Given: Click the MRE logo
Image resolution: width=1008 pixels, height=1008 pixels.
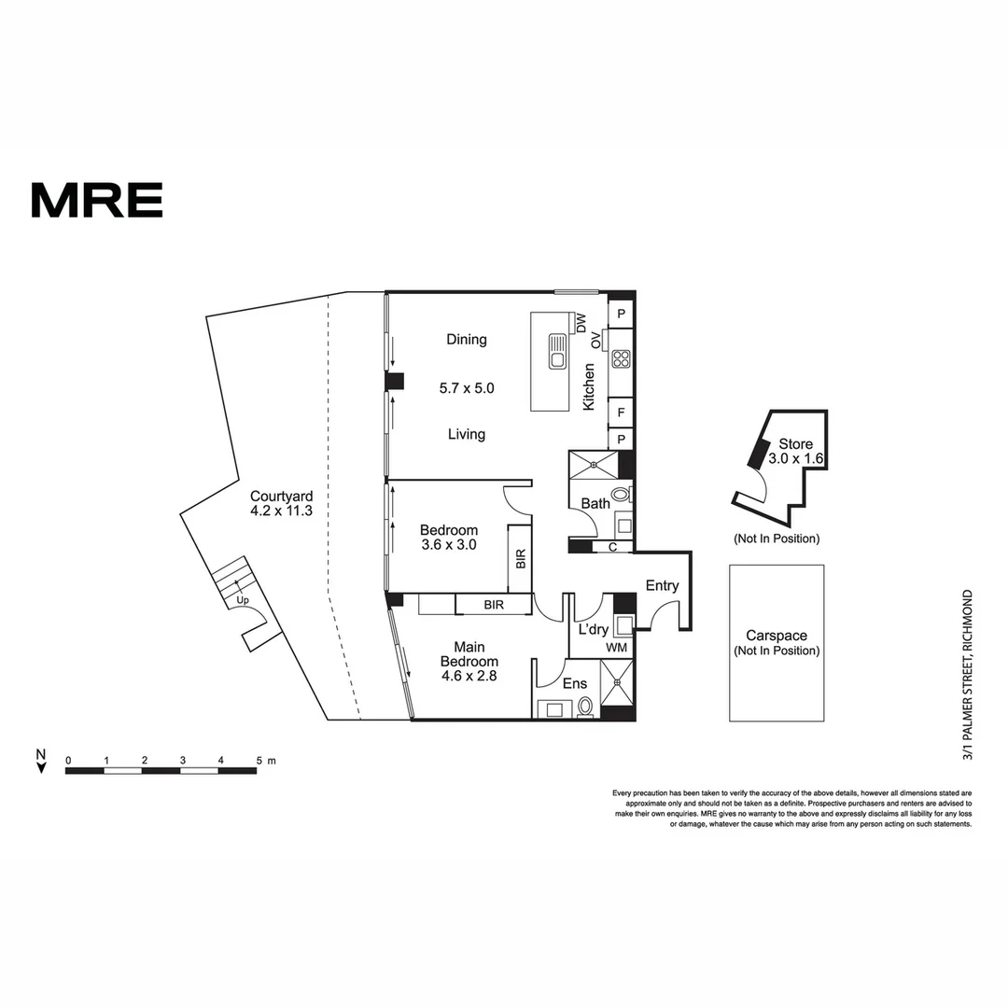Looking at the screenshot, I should (97, 200).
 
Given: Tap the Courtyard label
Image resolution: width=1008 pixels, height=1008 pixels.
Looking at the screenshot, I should (281, 504).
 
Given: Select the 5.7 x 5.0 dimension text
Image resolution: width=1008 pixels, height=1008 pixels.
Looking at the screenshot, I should (466, 386).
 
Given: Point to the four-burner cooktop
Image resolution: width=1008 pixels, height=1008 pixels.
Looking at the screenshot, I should (622, 358).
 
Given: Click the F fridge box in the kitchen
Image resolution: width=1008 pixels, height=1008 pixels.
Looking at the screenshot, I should (621, 411).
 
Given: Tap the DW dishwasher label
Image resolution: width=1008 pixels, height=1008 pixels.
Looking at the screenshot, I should (581, 324).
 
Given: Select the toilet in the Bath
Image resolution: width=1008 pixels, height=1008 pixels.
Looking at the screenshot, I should (621, 494).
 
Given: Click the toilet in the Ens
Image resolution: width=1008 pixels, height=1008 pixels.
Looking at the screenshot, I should (585, 707).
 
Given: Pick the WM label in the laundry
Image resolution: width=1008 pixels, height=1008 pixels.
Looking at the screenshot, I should (617, 647).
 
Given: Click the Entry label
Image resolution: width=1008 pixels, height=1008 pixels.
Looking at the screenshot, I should (663, 585).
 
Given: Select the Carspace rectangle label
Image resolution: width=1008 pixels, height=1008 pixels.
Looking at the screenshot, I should (777, 643).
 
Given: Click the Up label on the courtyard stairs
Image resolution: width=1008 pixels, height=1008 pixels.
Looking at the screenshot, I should (243, 599).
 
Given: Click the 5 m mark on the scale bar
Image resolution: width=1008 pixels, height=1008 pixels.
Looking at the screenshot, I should (260, 761).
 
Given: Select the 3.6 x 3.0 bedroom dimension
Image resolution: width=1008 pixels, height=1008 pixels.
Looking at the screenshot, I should (449, 545).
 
